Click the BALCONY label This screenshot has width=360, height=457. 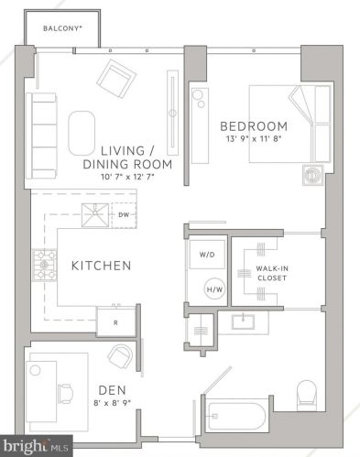tap(65, 28)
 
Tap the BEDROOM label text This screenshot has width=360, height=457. tap(253, 125)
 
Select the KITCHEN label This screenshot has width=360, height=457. tap(102, 266)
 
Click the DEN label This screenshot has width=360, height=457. tap(107, 387)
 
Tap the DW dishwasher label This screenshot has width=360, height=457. tap(124, 214)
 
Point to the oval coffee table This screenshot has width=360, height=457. tap(82, 133)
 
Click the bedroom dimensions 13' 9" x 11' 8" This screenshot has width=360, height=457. tap(253, 140)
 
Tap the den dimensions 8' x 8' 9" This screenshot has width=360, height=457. tap(107, 401)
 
